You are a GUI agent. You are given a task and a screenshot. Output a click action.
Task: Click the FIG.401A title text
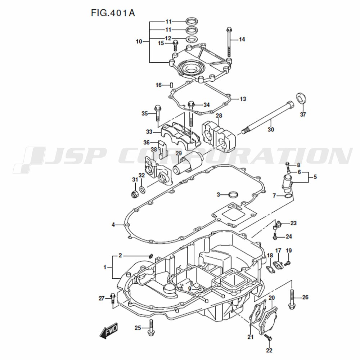(x=113, y=13)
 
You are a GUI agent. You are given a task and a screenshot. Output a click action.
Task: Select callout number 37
(x=303, y=115)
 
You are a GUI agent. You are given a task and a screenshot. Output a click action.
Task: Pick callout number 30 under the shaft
(x=271, y=129)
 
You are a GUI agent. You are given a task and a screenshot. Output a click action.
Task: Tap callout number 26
(x=305, y=297)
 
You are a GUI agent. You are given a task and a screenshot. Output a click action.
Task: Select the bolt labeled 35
(x=157, y=113)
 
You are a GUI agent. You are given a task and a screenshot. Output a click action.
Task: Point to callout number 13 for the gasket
(x=243, y=99)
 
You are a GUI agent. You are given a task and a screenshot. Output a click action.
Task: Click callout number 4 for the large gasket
(x=113, y=225)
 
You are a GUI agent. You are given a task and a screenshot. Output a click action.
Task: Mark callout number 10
(x=139, y=42)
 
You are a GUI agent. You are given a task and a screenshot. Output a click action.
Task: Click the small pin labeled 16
(x=172, y=85)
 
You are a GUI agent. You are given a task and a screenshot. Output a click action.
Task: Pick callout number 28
(x=219, y=116)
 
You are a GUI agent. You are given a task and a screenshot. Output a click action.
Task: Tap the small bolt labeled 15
(x=175, y=45)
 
